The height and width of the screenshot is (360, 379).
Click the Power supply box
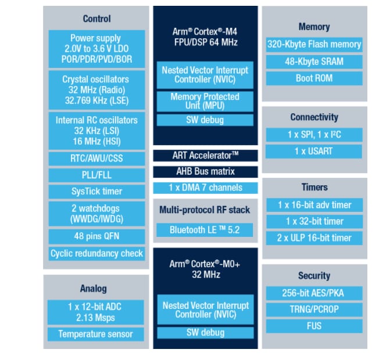96,48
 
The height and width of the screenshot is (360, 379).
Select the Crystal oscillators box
96,90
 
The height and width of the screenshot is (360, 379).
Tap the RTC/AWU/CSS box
96,158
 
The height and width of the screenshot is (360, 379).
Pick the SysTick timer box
96,191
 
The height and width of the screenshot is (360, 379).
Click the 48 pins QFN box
96,236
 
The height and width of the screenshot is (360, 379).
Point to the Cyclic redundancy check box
96,253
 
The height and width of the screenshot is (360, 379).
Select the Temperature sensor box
96,334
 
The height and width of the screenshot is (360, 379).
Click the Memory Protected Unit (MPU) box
205,101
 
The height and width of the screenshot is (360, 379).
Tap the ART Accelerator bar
205,156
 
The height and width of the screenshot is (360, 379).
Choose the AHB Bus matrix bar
205,172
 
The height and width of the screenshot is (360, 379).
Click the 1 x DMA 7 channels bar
205,188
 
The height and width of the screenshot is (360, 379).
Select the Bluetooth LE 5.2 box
205,230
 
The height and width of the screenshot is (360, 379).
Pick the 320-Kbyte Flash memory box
314,45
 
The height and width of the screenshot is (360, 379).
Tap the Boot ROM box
314,78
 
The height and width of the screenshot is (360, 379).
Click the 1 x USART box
314,152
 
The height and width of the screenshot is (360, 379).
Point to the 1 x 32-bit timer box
314,221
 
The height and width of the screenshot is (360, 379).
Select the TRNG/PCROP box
314,309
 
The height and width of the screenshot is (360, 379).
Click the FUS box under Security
314,326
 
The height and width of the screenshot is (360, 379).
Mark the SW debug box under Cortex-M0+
205,333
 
